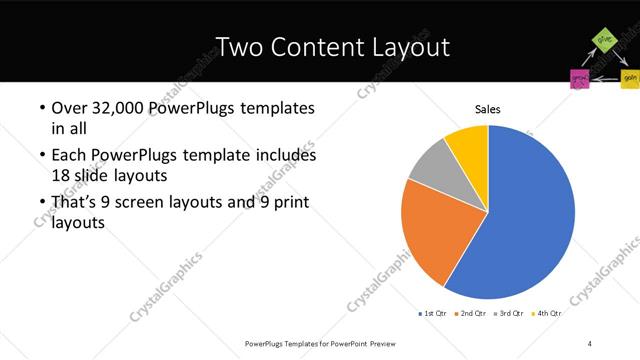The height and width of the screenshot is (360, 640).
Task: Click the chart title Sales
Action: [487, 109]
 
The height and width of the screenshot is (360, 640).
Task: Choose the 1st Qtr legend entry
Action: [432, 313]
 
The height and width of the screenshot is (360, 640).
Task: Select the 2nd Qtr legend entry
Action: [473, 313]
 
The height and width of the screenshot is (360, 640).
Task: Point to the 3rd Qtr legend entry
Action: [510, 313]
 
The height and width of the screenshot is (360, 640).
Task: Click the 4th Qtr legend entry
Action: [548, 313]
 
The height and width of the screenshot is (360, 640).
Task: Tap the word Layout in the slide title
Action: [404, 47]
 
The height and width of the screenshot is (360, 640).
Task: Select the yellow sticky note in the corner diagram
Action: [629, 77]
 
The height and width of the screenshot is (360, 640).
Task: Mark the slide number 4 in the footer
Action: [590, 343]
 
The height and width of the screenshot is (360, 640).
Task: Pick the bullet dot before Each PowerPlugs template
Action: [40, 156]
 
